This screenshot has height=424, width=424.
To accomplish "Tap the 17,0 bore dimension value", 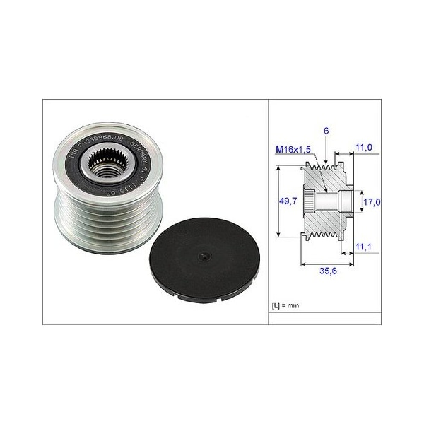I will click(372, 201).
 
